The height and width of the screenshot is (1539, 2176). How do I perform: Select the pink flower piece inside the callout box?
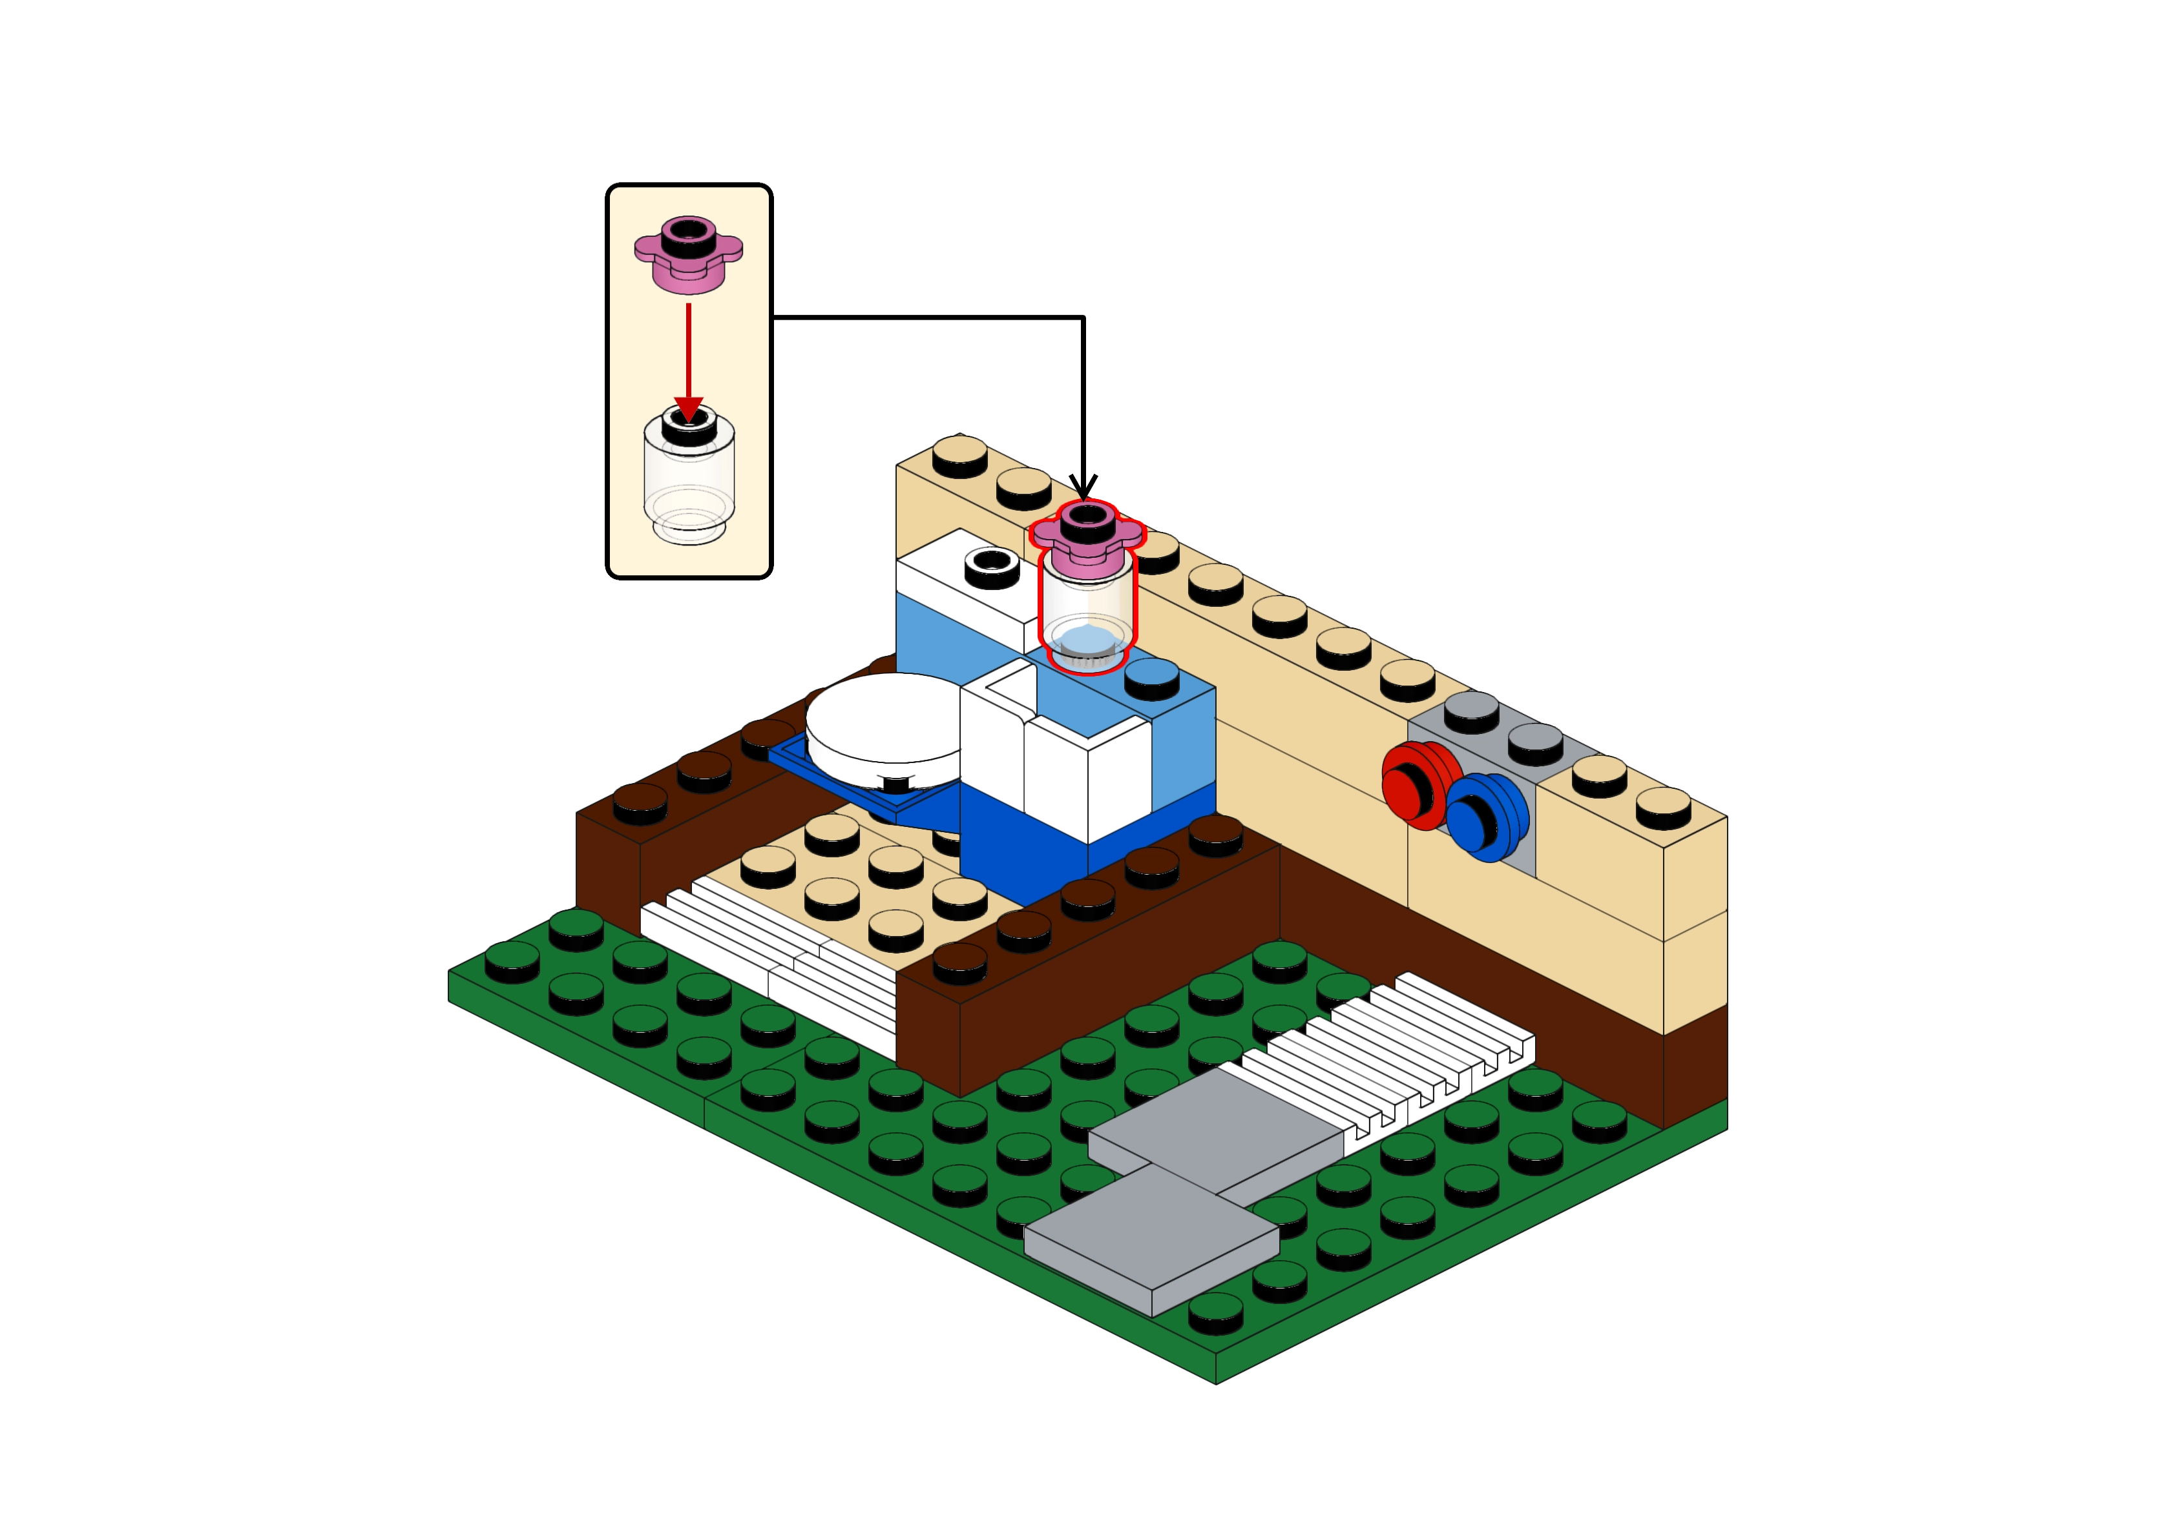(x=688, y=254)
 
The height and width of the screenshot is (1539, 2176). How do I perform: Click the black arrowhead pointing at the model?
(x=1083, y=486)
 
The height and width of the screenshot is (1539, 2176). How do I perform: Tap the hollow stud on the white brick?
(x=991, y=563)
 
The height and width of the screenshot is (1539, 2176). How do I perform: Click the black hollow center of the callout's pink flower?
(x=688, y=230)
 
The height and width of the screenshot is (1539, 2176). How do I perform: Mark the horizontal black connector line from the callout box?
(x=929, y=316)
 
